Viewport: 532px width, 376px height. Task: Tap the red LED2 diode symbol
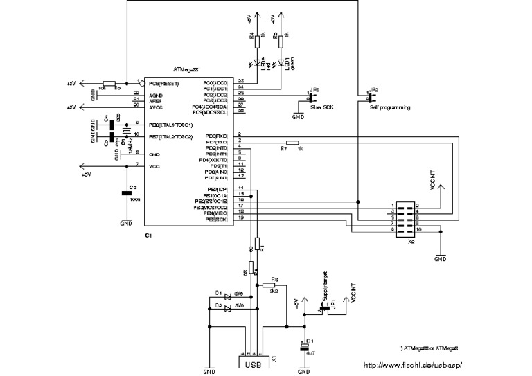[257, 64]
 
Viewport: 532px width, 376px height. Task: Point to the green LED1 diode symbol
[281, 64]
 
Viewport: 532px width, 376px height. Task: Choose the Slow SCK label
[321, 109]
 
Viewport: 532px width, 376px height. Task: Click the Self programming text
[390, 108]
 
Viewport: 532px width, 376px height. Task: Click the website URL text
[412, 365]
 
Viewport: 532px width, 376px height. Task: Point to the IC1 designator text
[148, 235]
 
